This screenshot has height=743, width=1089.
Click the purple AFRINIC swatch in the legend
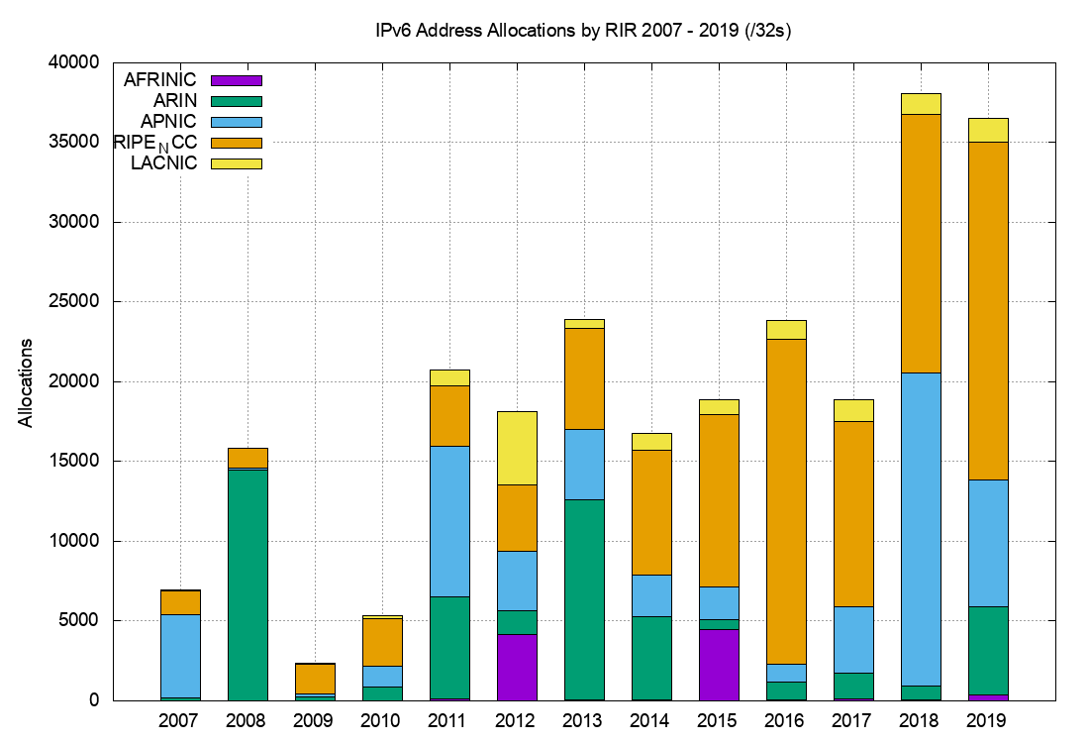point(237,80)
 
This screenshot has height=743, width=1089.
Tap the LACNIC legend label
point(164,162)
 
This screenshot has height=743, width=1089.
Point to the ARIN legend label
point(175,100)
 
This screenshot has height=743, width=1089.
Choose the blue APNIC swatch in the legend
point(237,121)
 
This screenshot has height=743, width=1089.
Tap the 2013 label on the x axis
point(582,720)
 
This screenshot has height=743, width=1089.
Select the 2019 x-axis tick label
point(987,720)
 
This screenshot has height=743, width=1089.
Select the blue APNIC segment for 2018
point(920,529)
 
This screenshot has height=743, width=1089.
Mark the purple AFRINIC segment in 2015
point(718,664)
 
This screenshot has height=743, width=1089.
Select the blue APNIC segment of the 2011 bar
point(448,521)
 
